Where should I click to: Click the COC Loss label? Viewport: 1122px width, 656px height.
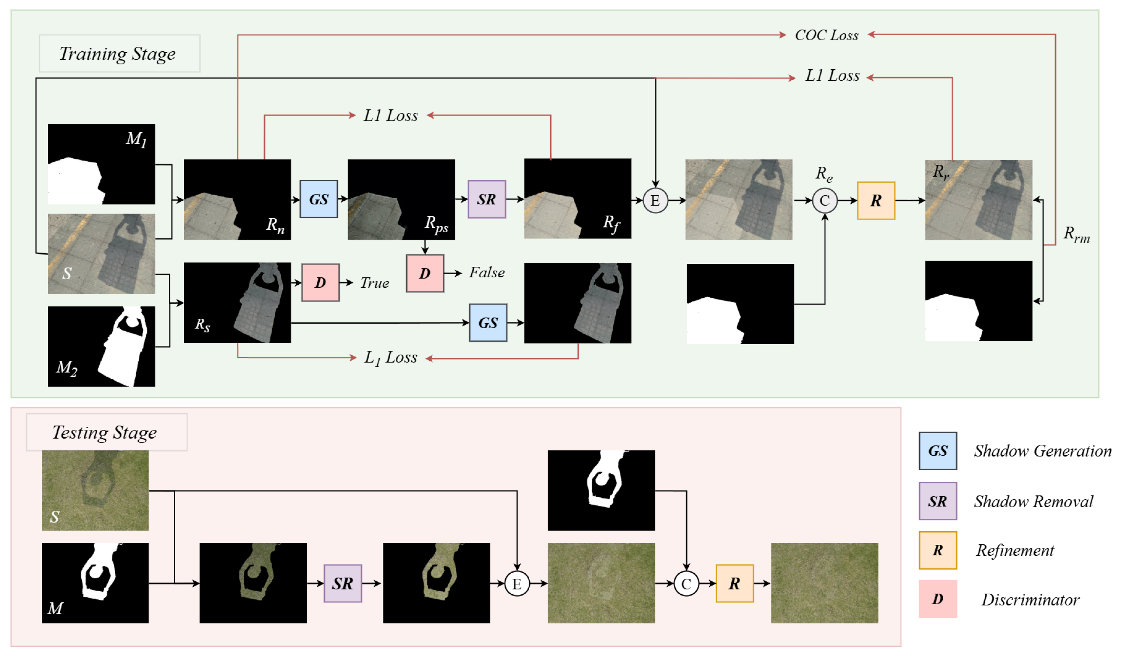(826, 35)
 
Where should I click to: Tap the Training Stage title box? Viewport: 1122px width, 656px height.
(119, 54)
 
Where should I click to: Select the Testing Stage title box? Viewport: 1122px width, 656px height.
(106, 432)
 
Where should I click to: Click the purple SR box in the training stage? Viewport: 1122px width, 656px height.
(487, 199)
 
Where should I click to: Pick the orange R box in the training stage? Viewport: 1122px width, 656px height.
(876, 201)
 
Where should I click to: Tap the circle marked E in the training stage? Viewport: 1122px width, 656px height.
(655, 201)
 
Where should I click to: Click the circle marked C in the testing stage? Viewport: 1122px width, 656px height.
(686, 584)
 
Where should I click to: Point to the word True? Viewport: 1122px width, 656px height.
(374, 283)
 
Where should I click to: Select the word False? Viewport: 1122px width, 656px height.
(487, 272)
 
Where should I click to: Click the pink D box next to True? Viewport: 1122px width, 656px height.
(320, 283)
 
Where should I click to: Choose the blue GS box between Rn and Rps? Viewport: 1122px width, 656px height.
(319, 199)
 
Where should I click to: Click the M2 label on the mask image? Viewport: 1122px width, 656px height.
(67, 367)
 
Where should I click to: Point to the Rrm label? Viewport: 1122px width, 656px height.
(1077, 234)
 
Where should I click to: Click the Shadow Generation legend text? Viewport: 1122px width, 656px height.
(1042, 451)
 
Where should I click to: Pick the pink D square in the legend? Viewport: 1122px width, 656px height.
(938, 599)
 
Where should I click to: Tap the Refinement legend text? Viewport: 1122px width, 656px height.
(1015, 551)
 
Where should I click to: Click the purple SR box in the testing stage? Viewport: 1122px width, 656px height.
(342, 583)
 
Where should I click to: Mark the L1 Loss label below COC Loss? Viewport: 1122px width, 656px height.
(832, 76)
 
